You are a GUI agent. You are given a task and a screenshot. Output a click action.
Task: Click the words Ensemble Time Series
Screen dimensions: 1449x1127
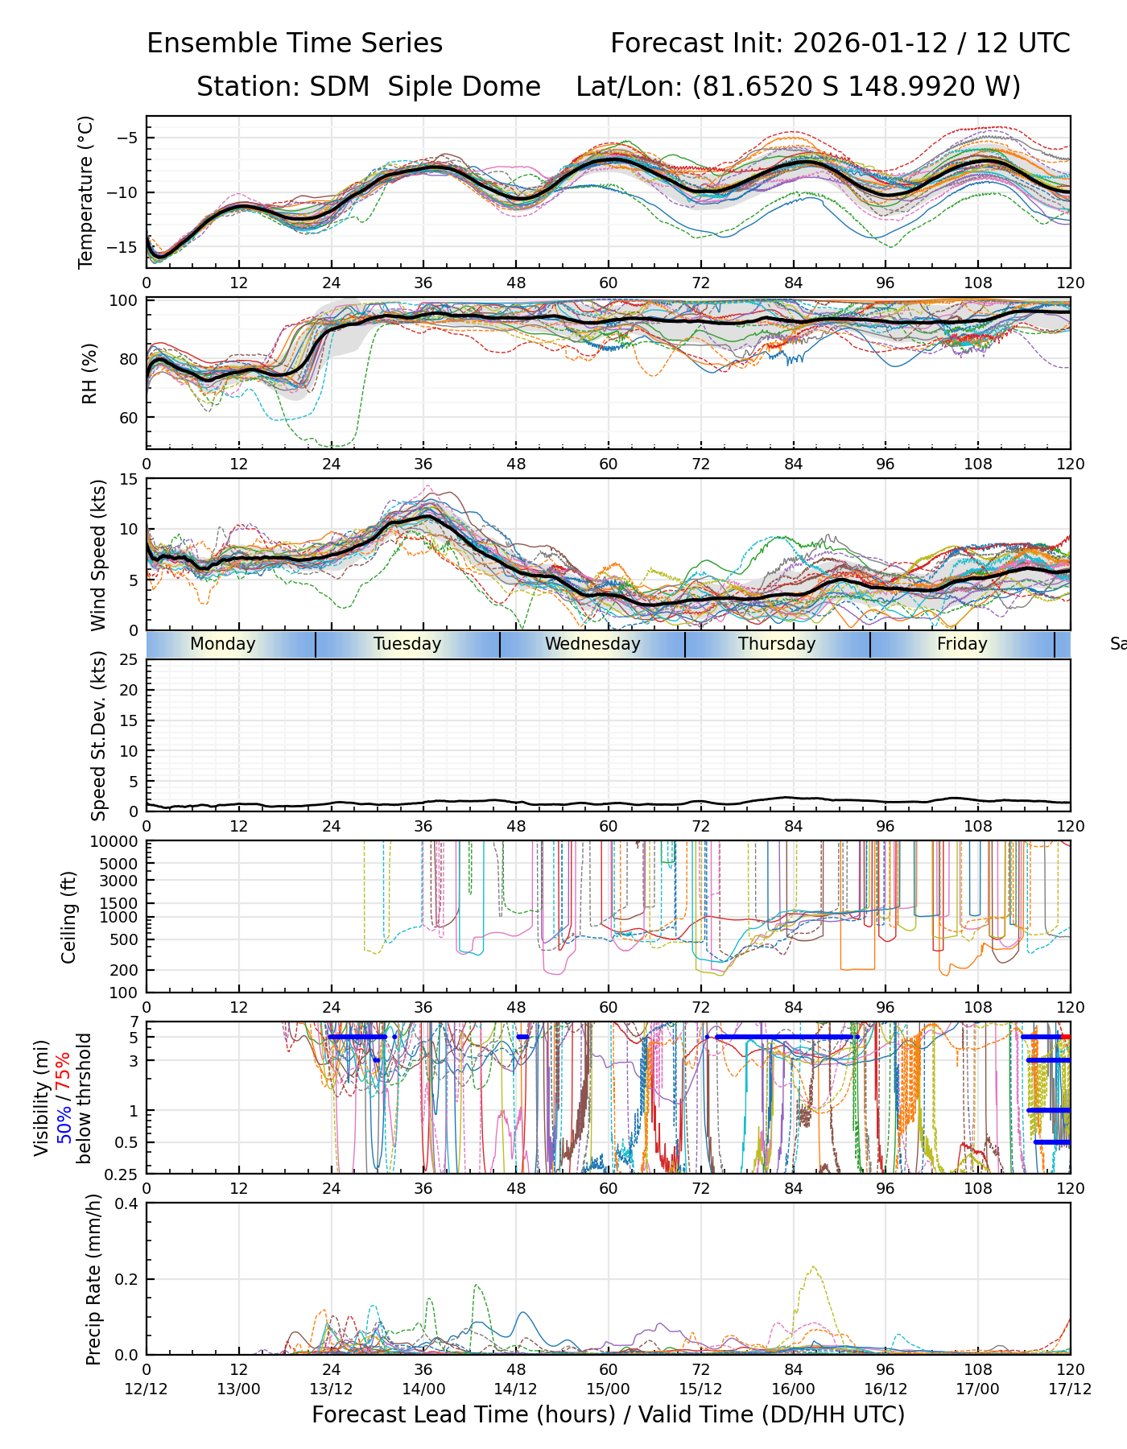pos(295,43)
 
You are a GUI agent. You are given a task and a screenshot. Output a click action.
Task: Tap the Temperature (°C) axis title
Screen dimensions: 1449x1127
pos(86,192)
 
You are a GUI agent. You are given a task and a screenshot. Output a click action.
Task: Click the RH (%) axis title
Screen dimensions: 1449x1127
pos(89,374)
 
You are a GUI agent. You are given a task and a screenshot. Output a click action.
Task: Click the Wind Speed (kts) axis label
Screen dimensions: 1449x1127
pos(98,555)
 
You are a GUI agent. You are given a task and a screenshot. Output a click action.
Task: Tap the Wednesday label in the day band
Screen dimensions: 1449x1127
pos(592,644)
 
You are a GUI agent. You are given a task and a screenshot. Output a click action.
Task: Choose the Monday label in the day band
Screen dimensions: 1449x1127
pos(223,644)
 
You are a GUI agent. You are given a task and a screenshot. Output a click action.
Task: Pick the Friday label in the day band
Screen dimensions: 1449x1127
pos(962,644)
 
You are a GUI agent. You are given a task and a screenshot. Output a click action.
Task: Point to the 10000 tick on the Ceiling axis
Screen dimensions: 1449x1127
pos(118,842)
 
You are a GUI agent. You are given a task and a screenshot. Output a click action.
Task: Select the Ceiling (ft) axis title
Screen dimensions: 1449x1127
pos(69,917)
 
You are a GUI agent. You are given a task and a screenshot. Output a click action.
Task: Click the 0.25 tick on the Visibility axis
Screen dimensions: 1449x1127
pos(123,1173)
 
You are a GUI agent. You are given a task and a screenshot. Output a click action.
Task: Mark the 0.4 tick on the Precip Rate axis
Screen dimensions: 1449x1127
pos(127,1203)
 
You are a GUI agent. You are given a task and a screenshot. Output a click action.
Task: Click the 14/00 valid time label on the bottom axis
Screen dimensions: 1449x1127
pos(423,1389)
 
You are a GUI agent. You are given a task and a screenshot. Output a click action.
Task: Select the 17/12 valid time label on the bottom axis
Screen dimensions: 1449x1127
pos(1070,1389)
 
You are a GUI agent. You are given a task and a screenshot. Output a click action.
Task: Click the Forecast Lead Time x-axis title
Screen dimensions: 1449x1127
pos(608,1414)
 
